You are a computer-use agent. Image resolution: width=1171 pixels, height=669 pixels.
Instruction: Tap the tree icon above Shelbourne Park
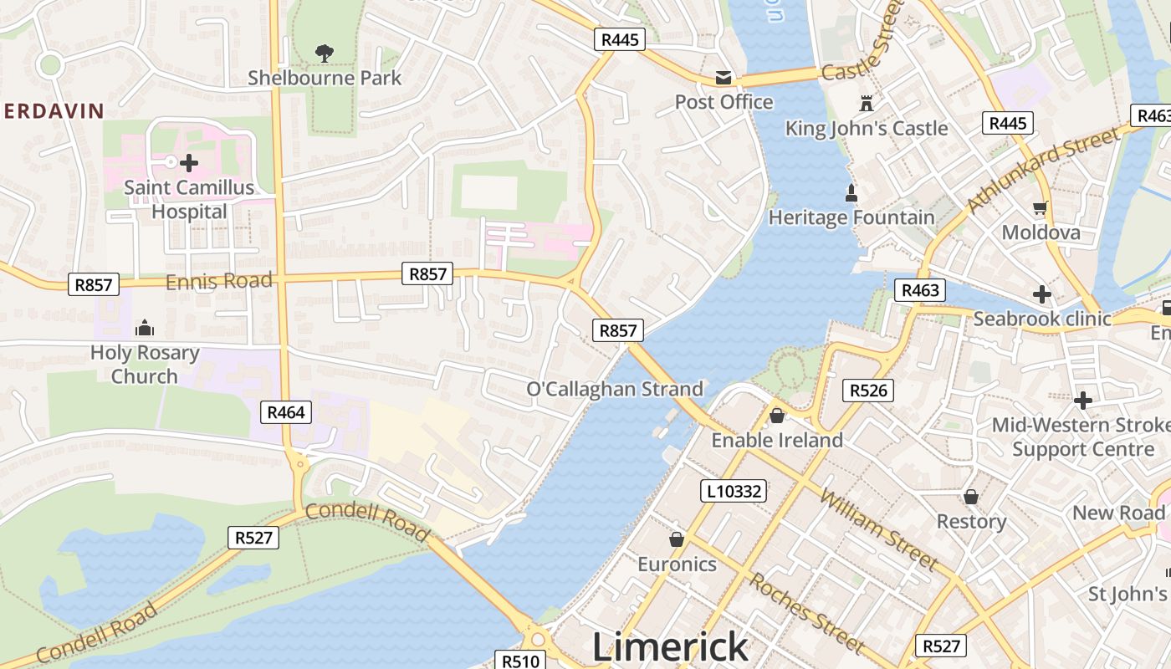[325, 54]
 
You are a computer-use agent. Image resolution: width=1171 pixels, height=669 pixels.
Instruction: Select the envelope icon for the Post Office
[724, 78]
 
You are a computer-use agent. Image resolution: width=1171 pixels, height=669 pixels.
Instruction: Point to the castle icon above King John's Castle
[866, 104]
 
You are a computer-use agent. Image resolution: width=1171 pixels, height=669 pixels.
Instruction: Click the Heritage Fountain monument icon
[851, 193]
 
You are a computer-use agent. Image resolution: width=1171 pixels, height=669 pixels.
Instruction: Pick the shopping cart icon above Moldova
[1041, 207]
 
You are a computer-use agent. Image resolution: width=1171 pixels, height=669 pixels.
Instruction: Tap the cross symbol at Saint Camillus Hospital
[189, 162]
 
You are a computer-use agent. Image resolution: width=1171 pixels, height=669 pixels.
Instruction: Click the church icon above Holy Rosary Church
[145, 327]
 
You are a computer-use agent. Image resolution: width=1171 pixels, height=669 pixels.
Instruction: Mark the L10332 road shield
[734, 491]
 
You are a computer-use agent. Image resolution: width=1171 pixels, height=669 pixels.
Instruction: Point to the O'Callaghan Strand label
[615, 389]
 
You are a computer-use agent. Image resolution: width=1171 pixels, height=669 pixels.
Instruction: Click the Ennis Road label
[219, 281]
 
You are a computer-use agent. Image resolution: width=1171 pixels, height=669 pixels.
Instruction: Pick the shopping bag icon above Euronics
[677, 539]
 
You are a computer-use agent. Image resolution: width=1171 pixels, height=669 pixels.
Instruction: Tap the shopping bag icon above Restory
[971, 497]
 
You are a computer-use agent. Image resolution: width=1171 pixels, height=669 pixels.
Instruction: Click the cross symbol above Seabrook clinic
[1041, 294]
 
